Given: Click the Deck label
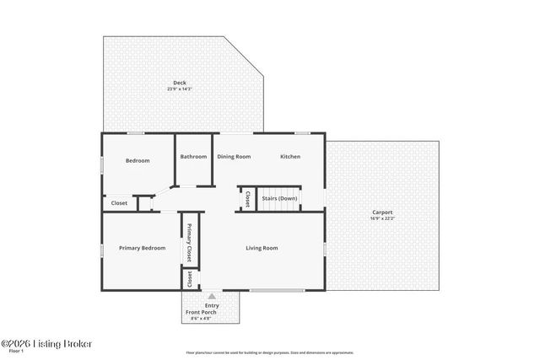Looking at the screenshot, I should click(180, 83).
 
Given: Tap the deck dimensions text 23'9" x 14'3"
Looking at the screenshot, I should click(180, 89).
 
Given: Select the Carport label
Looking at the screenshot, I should click(382, 212).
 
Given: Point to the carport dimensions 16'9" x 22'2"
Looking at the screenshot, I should click(382, 218).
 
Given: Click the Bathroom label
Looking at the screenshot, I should click(193, 156).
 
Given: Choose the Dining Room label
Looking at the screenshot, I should click(234, 156).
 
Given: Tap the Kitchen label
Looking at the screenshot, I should click(290, 156).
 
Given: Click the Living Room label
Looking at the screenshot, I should click(262, 248).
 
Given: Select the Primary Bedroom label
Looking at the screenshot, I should click(142, 248).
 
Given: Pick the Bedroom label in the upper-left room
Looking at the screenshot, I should click(138, 160).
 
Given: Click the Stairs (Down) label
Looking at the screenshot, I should click(279, 199).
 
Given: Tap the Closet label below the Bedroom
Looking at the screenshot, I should click(119, 203).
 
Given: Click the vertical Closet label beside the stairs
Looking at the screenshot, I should click(247, 199).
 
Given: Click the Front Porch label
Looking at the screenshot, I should click(201, 313).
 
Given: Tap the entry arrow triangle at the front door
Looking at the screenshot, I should click(212, 296).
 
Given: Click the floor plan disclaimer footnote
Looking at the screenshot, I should click(269, 352).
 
